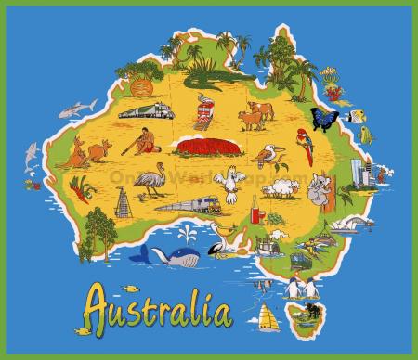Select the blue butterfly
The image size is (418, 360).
pos(325,119)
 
